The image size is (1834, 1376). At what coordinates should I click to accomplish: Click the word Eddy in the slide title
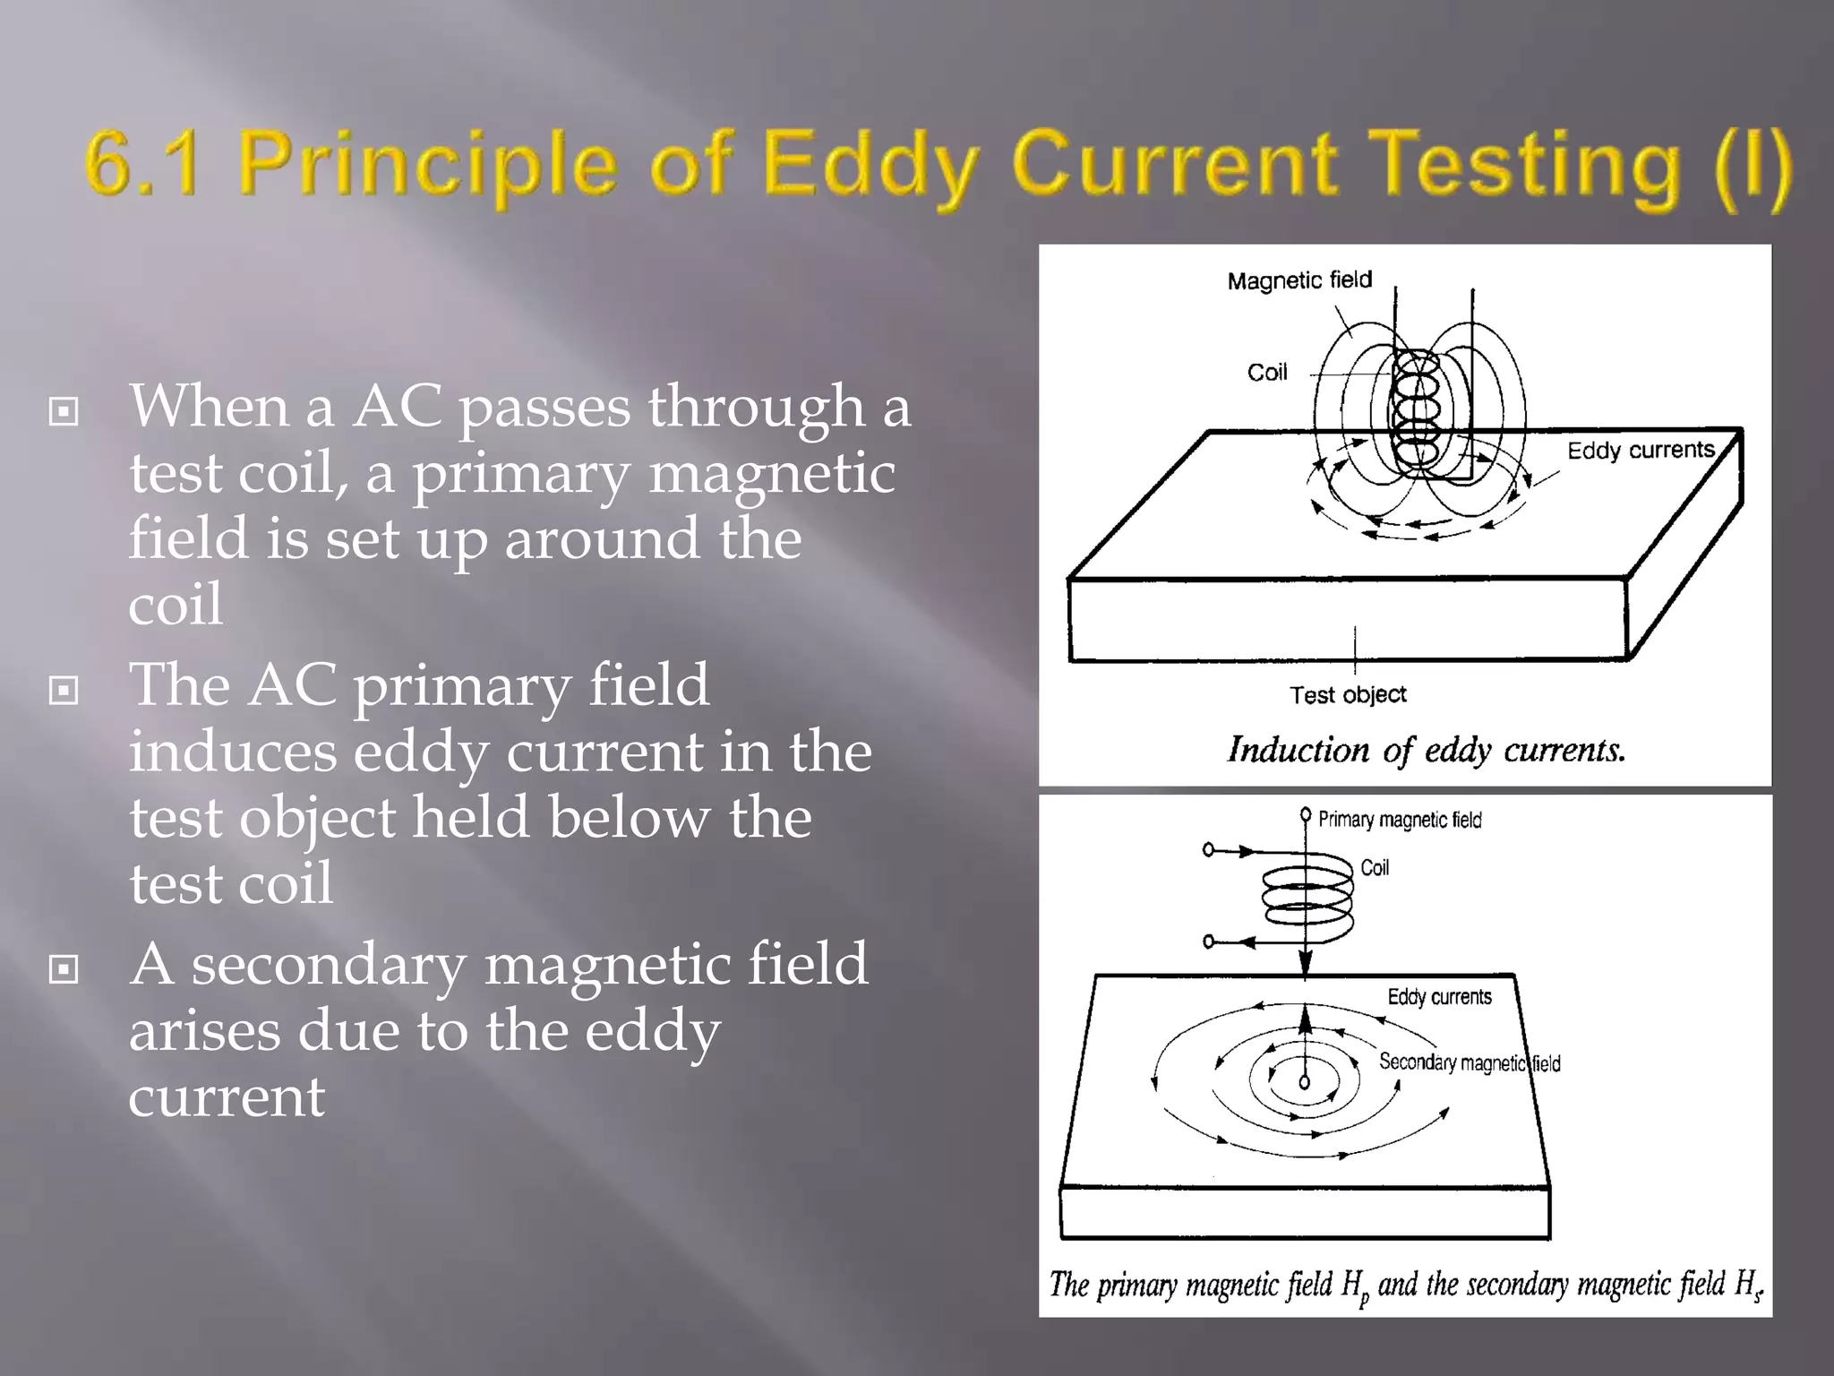coord(869,166)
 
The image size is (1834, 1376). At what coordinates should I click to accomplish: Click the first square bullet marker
coord(64,412)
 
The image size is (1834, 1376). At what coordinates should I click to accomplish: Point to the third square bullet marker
coord(64,969)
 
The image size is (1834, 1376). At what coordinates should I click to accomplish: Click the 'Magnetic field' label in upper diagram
coord(1298,280)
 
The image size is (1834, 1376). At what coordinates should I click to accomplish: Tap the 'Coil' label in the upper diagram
coord(1266,373)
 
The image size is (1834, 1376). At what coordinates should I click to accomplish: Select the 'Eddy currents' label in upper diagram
coord(1640,450)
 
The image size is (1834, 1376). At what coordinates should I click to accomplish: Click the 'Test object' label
coord(1347,694)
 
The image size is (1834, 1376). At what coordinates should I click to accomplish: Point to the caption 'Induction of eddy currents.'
coord(1425,750)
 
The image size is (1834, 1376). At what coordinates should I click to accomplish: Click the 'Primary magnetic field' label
coord(1399,820)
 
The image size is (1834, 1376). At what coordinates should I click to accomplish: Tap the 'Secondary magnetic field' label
coord(1469,1062)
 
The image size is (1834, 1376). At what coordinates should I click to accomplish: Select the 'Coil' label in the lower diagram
coord(1374,867)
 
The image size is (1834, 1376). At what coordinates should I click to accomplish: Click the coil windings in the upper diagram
coord(1415,412)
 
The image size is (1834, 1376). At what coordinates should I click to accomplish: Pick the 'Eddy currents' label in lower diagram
coord(1439,997)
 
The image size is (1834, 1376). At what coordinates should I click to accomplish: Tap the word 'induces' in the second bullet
coord(233,752)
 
